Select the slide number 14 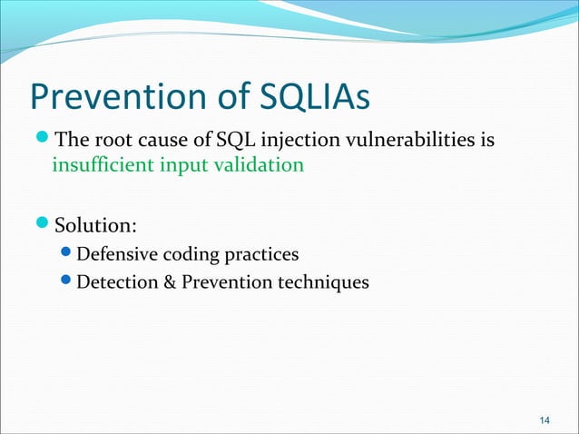(545, 419)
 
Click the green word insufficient (95, 167)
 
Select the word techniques (323, 282)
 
